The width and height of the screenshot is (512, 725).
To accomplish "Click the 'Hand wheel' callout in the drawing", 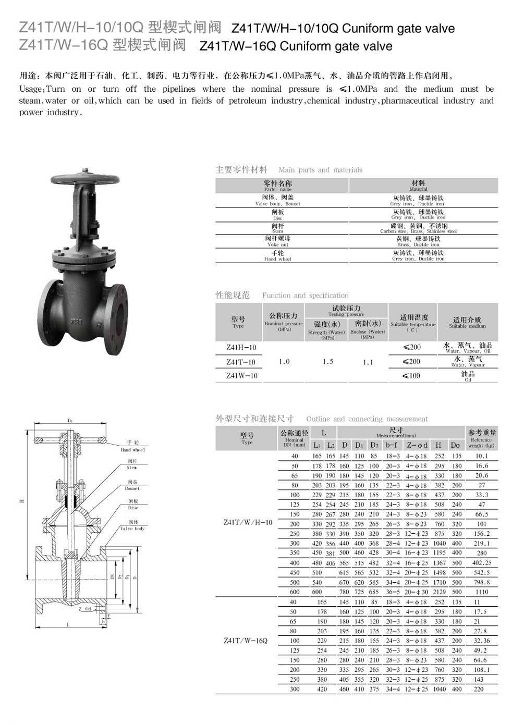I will (x=133, y=446).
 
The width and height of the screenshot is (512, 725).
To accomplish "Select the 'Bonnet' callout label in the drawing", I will (x=132, y=485).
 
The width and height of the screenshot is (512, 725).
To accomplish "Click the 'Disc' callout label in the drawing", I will (x=133, y=505).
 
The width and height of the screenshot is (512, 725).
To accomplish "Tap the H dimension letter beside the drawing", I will (x=22, y=501).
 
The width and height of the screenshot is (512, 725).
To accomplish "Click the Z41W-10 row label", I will (x=241, y=376).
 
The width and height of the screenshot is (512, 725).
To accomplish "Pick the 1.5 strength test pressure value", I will (x=327, y=362).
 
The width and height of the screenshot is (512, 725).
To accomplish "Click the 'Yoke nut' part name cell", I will (x=277, y=241).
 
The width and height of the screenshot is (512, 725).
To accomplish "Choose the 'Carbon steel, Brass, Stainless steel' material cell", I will (x=418, y=228).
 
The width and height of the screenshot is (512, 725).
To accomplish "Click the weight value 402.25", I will (x=481, y=563).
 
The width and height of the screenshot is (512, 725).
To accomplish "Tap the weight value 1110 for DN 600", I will (x=481, y=592).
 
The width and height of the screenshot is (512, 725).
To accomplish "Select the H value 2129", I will (x=439, y=592).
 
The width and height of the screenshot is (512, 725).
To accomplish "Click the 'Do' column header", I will (x=455, y=445).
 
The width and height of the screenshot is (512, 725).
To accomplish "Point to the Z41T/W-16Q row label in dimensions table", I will (x=245, y=641).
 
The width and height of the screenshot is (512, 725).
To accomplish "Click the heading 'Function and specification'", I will (x=305, y=296).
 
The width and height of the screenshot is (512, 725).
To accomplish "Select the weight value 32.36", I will (x=481, y=641).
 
